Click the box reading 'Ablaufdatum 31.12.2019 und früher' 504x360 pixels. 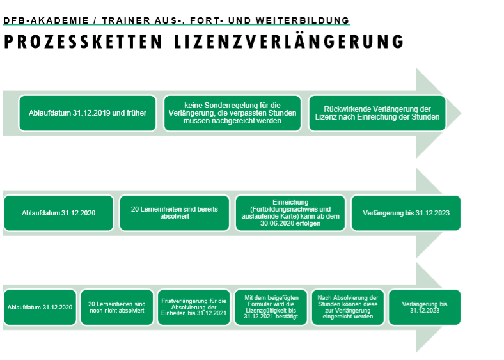(88, 113)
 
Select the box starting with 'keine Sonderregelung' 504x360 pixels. (232, 113)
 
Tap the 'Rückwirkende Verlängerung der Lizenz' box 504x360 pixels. (377, 113)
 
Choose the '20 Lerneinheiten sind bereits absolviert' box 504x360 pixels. (175, 213)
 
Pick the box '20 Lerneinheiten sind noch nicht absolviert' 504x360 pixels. (117, 308)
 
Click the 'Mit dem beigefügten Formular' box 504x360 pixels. (271, 308)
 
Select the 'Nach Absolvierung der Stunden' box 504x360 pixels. (348, 308)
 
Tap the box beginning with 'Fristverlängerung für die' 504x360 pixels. (194, 308)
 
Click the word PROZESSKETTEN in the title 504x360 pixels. (84, 42)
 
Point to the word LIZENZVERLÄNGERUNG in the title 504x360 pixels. (289, 41)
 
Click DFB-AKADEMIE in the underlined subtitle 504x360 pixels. (46, 20)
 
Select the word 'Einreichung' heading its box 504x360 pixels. (290, 202)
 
